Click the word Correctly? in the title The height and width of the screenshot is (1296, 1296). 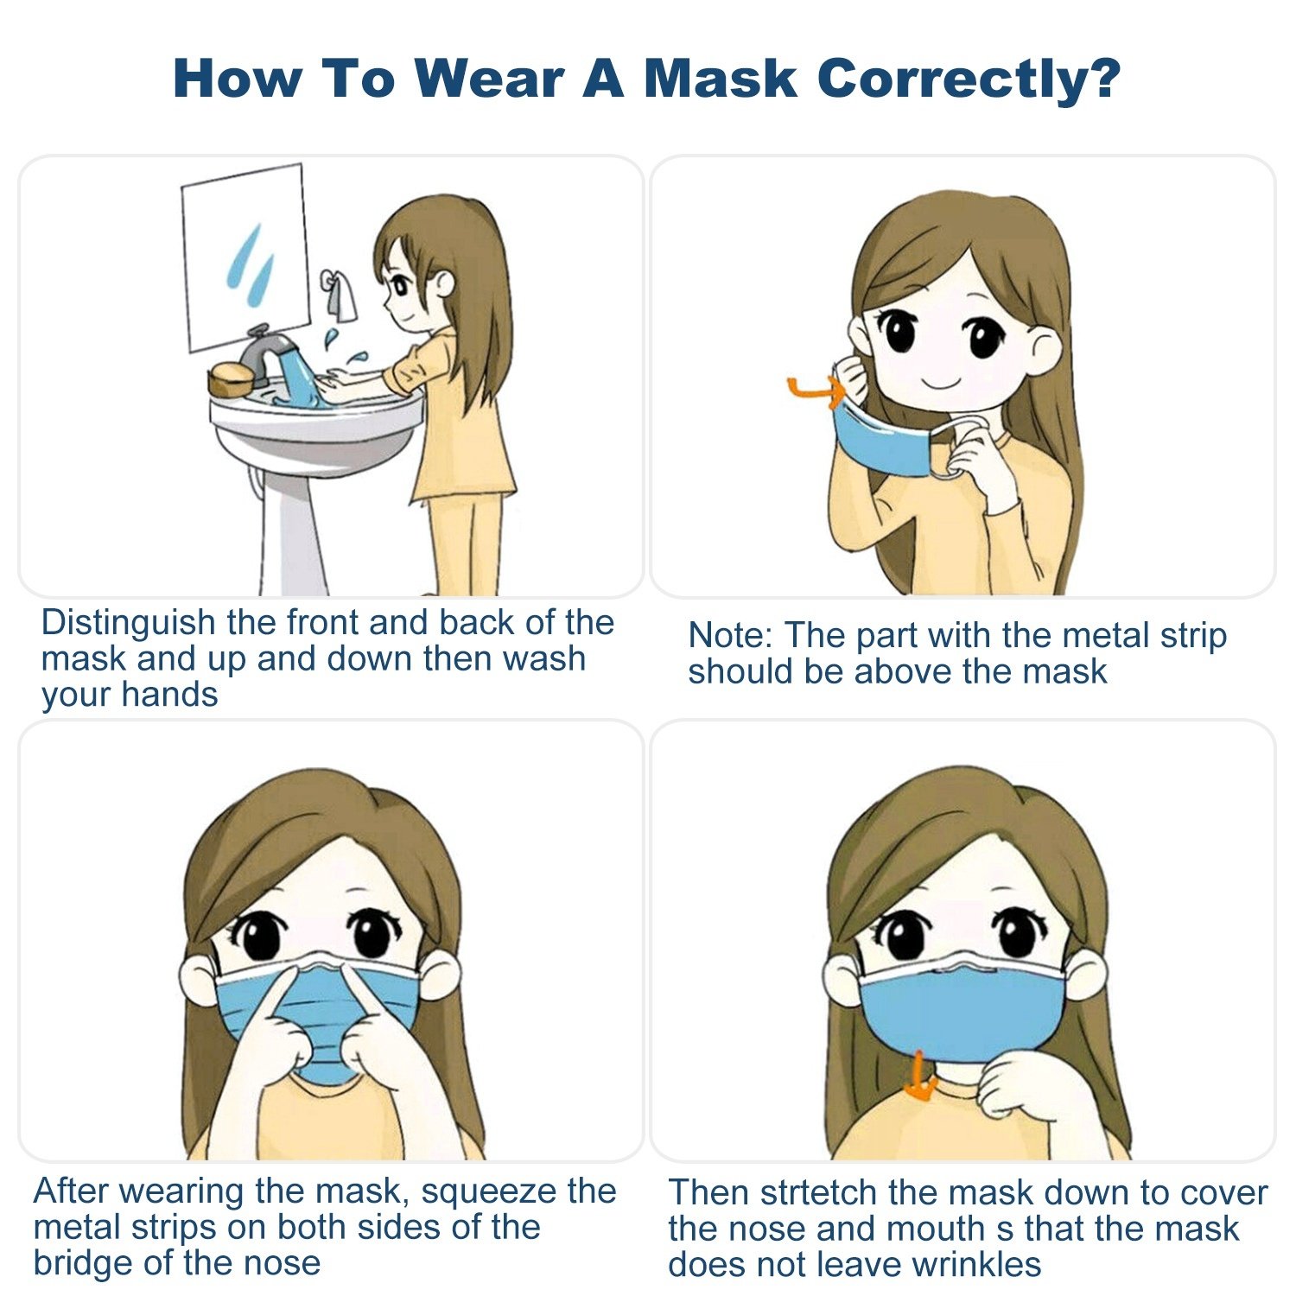(969, 79)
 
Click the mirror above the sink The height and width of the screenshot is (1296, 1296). (245, 257)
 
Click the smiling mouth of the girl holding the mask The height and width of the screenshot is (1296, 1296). (942, 382)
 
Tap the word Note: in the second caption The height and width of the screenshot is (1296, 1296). (730, 635)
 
